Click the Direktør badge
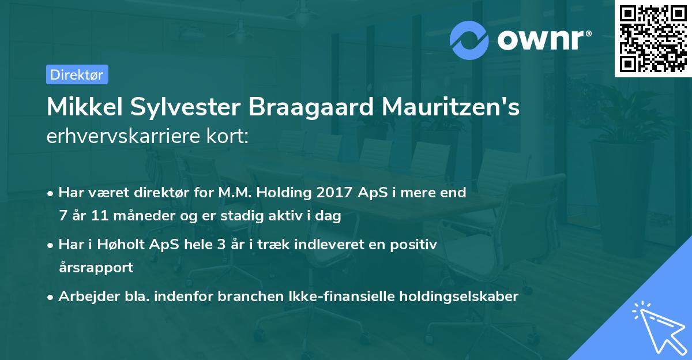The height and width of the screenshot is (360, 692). (77, 74)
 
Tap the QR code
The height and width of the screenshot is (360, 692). (652, 38)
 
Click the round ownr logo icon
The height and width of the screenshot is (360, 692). (469, 40)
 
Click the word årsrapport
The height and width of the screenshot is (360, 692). (96, 268)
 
